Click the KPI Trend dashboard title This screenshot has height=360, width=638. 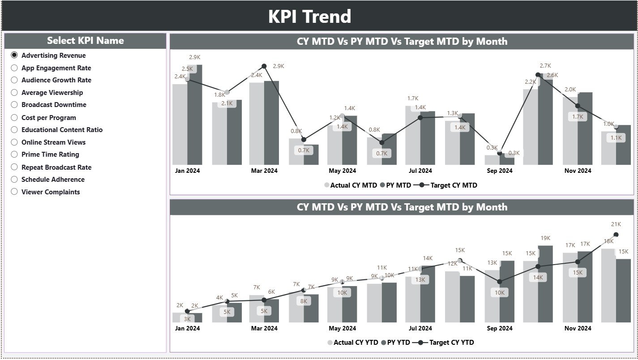tap(309, 17)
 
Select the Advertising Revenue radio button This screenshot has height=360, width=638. tap(14, 55)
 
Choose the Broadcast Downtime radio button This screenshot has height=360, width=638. tap(14, 105)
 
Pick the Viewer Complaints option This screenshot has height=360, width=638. tap(14, 192)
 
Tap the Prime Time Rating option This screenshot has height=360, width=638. tap(14, 154)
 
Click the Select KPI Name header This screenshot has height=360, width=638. tap(85, 41)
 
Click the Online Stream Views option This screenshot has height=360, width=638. tap(14, 142)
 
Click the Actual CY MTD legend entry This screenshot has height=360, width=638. tap(350, 185)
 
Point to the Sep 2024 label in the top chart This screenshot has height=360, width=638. tap(499, 171)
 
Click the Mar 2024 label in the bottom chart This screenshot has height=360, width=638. tap(264, 328)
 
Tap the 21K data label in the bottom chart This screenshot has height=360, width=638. tap(616, 224)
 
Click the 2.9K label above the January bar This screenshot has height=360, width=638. tap(195, 57)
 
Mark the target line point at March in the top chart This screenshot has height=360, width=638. tap(264, 66)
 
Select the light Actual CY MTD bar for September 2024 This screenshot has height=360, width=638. tap(492, 160)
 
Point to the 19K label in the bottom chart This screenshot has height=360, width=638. tap(545, 238)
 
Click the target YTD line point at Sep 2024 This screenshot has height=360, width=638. tap(500, 282)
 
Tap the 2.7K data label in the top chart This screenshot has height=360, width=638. tap(545, 66)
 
